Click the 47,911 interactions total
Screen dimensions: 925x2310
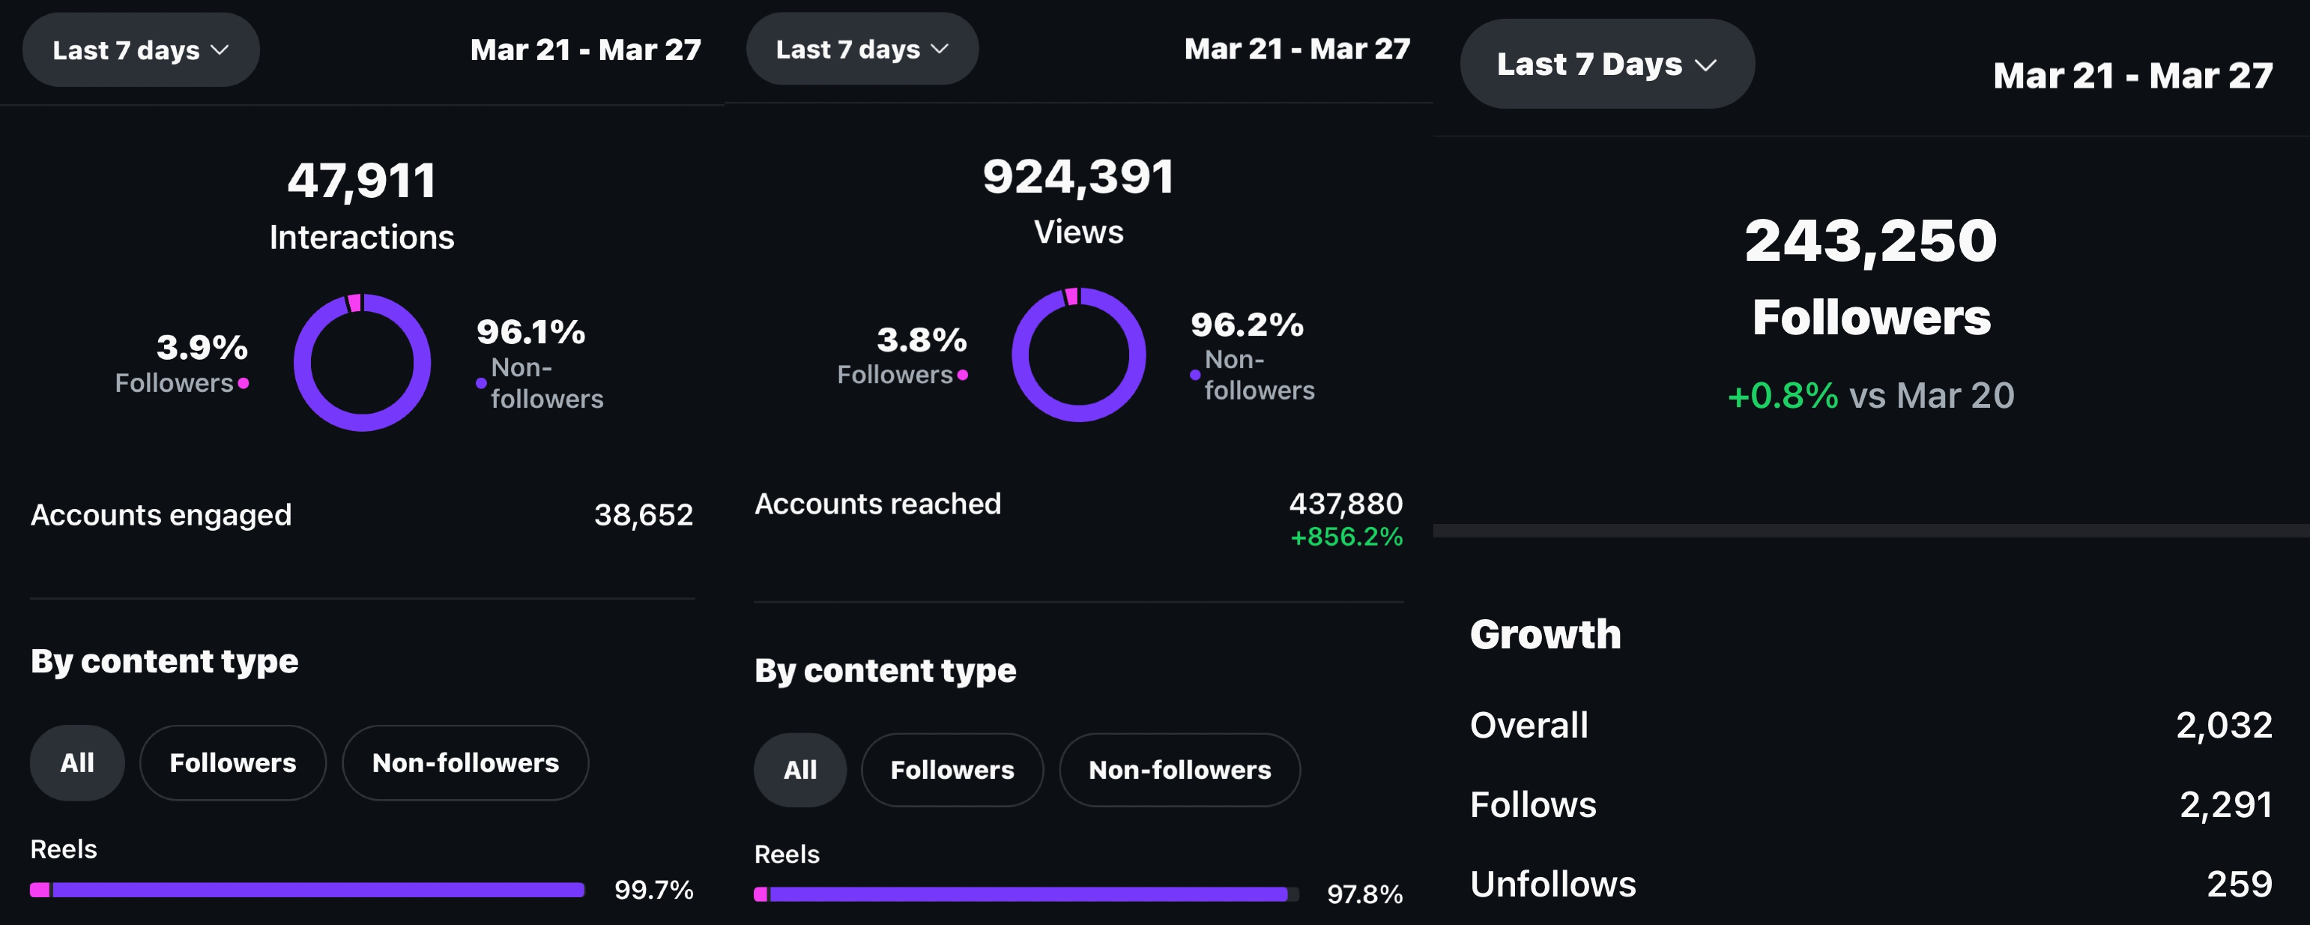click(361, 181)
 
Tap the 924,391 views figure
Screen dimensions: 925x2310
click(1078, 176)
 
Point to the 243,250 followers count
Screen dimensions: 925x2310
click(1871, 241)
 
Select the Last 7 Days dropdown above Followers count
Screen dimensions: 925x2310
click(1606, 64)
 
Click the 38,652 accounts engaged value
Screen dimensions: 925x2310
click(643, 515)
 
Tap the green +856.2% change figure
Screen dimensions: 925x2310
click(1346, 537)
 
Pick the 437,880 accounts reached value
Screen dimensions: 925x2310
click(1345, 503)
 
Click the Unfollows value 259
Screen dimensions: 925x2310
click(2239, 884)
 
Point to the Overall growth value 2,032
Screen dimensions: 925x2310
click(2224, 725)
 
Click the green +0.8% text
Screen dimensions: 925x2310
click(1783, 396)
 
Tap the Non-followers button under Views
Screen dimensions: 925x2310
click(1179, 770)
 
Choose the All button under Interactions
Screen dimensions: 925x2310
click(77, 762)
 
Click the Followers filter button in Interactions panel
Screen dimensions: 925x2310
click(232, 762)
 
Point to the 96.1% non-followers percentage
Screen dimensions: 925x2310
click(531, 332)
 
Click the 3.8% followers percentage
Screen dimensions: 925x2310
click(922, 340)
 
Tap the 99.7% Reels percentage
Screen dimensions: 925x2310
click(653, 890)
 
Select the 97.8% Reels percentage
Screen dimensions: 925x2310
click(1364, 894)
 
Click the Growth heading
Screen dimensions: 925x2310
click(1545, 634)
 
